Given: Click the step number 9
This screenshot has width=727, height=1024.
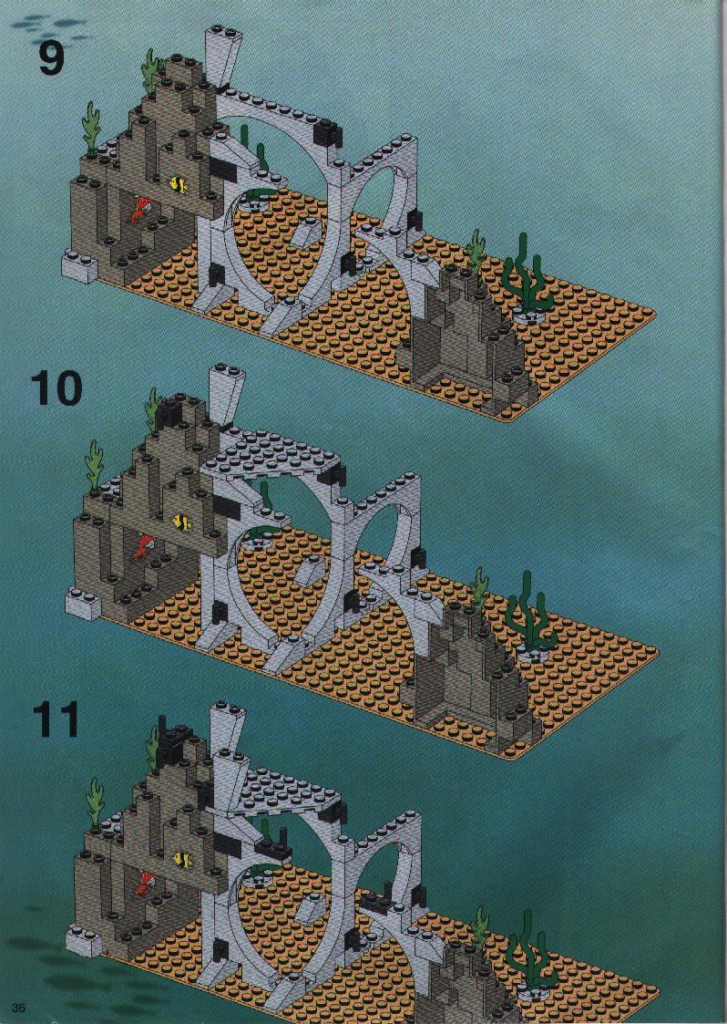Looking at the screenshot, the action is point(51,58).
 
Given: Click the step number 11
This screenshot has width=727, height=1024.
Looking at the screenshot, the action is point(56,719).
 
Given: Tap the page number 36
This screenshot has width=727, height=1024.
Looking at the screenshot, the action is point(18,1008).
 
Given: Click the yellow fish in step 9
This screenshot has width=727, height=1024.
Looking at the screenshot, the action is point(179,184).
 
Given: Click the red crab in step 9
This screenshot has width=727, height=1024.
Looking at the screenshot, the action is point(140,209).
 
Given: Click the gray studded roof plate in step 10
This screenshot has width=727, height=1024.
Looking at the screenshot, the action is point(273,455).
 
